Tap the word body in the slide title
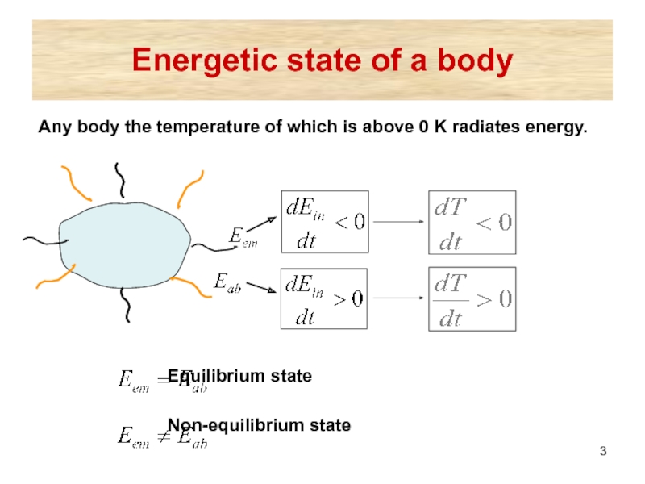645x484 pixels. point(473,61)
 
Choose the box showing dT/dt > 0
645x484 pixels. point(471,298)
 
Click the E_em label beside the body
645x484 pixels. point(242,237)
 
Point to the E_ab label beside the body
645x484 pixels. point(228,282)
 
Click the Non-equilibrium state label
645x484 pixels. point(259,425)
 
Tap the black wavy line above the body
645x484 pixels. point(121,179)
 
